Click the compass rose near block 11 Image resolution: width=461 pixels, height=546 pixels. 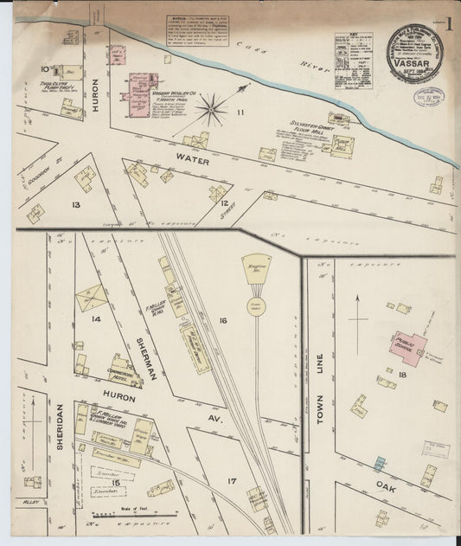[x=211, y=109]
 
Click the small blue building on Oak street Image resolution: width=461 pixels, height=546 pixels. [x=378, y=440]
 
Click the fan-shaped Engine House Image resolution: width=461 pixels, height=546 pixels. [x=256, y=269]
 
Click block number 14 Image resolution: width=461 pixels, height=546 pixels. [x=96, y=319]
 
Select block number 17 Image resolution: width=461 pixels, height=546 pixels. [x=230, y=481]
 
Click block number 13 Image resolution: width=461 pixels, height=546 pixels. [x=76, y=204]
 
